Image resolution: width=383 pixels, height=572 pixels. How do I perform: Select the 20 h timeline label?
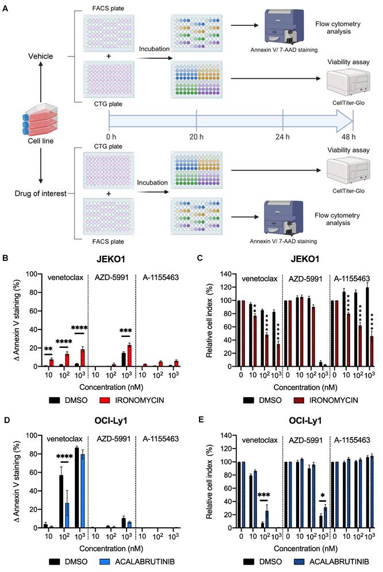click(x=196, y=136)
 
